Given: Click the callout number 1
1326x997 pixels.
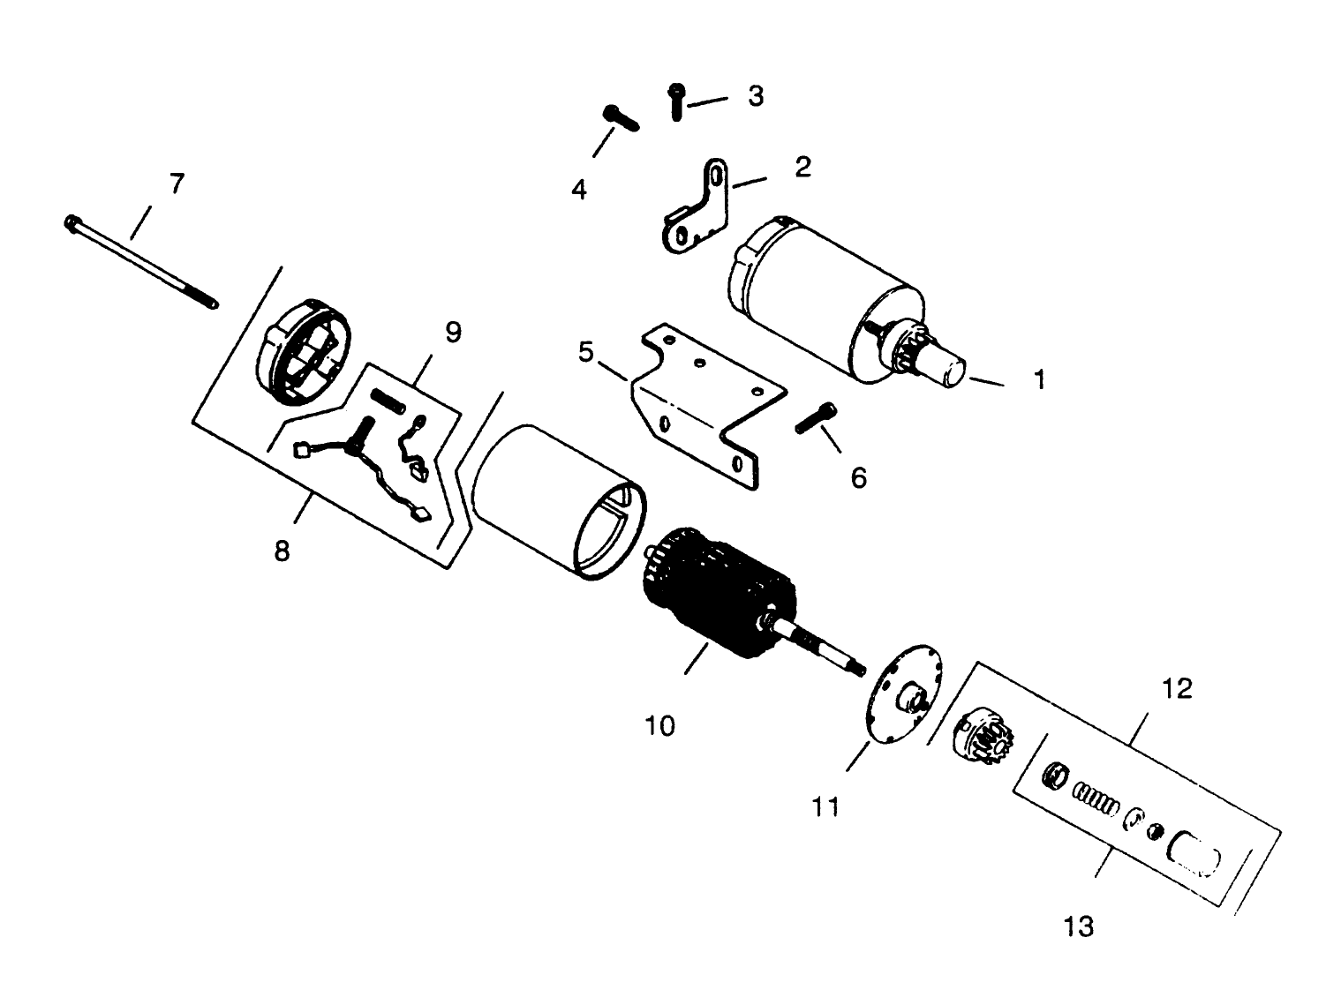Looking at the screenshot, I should click(1039, 380).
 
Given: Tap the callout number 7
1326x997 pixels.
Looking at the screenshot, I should click(177, 184).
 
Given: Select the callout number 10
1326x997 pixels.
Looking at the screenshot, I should click(659, 725).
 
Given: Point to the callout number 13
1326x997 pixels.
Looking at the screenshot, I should click(1079, 926).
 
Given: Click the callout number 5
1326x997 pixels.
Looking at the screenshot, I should click(586, 352).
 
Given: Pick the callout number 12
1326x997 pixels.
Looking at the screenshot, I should click(1178, 688).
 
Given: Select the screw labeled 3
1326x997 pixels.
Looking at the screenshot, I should click(677, 103).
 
